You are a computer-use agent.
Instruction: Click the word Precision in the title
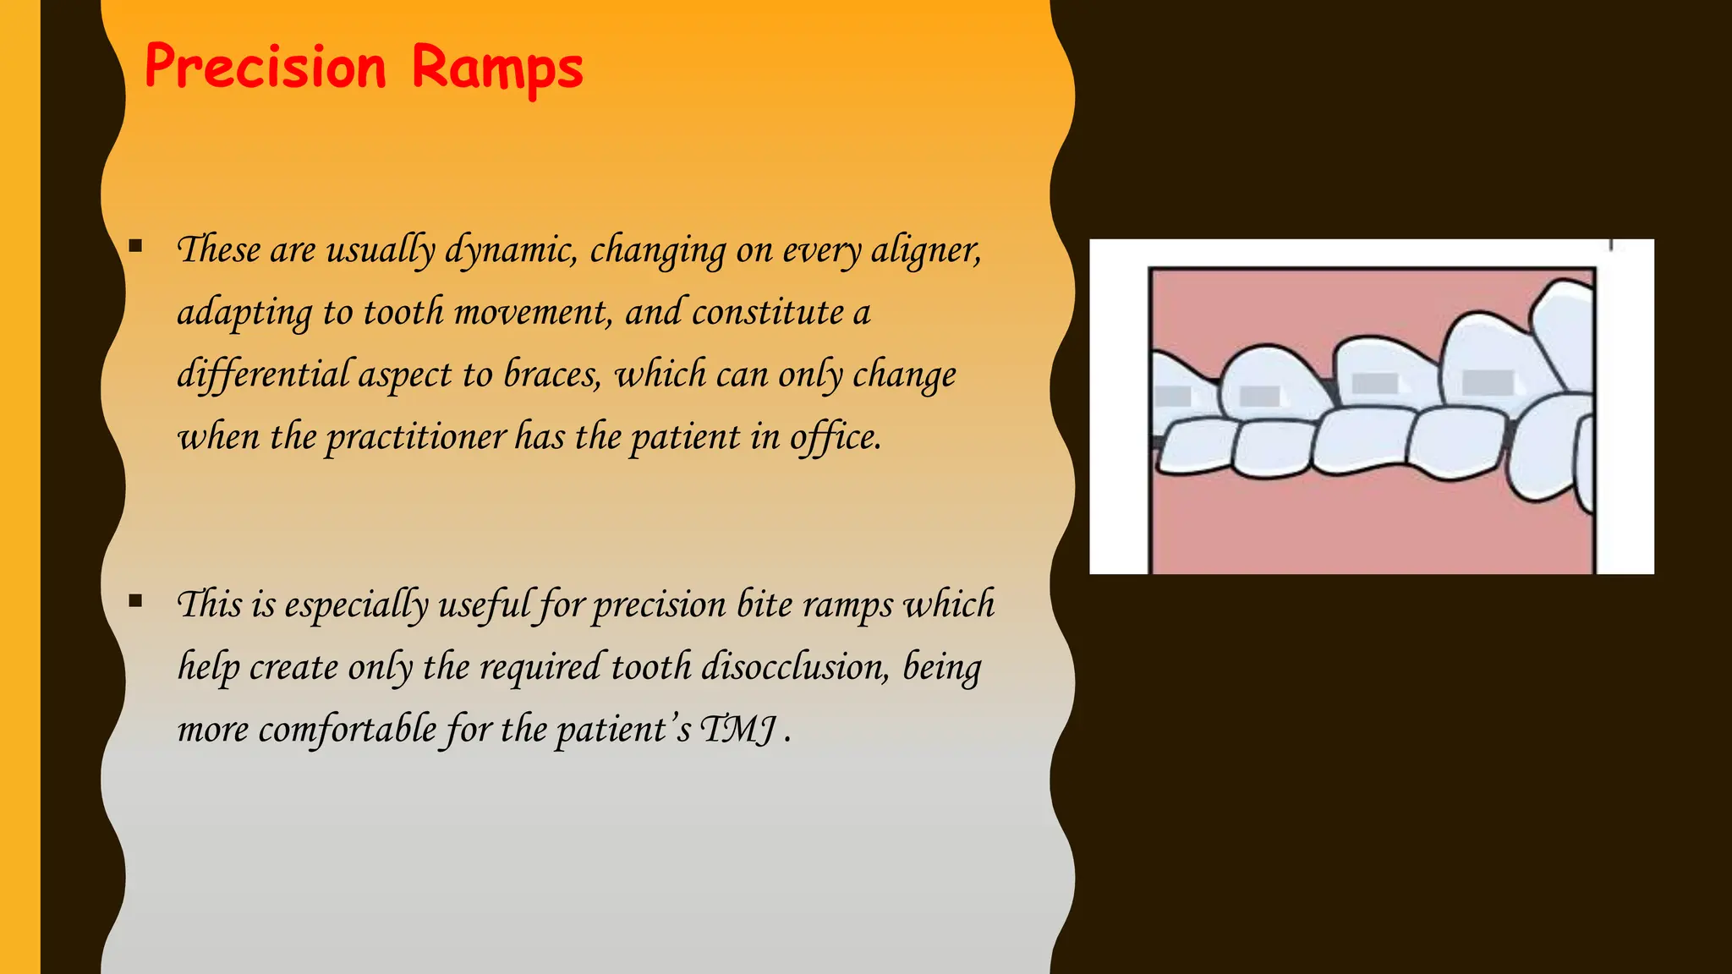[x=265, y=68]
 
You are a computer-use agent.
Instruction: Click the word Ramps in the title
[x=497, y=68]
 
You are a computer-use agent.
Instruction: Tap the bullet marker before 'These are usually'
[x=135, y=247]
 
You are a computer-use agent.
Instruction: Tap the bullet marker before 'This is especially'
[x=135, y=602]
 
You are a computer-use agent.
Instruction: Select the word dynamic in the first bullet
[x=510, y=250]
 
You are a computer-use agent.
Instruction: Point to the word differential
[x=263, y=375]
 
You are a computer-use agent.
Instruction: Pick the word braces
[x=551, y=375]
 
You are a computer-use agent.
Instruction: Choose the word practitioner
[x=415, y=437]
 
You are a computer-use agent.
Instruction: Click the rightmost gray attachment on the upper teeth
[x=1488, y=382]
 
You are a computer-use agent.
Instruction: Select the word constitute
[x=768, y=313]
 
